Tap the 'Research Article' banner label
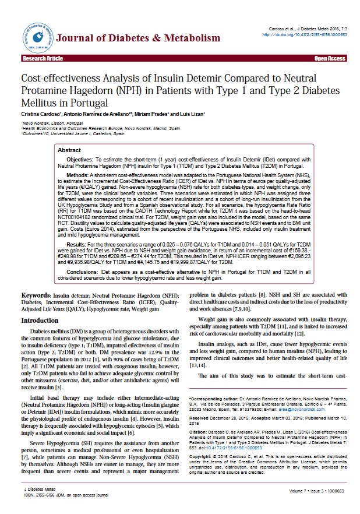point(43,59)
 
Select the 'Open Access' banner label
point(330,59)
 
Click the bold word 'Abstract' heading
point(69,150)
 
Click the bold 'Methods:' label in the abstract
point(77,174)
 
